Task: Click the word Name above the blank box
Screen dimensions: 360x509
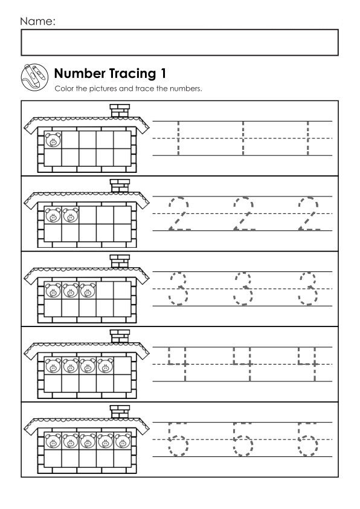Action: click(36, 21)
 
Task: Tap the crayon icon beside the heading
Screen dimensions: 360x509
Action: click(34, 77)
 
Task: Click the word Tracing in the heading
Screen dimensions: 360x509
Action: click(132, 74)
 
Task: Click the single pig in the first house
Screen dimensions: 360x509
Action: click(53, 140)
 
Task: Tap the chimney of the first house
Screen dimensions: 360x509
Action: click(120, 111)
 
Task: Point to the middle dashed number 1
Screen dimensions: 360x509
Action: click(243, 138)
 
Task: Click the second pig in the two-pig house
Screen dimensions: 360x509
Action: click(71, 215)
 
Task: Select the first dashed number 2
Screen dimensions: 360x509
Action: click(179, 213)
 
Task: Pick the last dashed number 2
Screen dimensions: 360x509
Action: click(309, 213)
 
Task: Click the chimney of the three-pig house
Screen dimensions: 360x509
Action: click(120, 261)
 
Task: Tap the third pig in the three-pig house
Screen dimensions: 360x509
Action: click(88, 290)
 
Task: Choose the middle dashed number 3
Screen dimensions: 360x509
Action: click(243, 288)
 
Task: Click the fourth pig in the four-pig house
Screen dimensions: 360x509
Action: click(105, 366)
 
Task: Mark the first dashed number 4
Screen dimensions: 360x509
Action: click(178, 364)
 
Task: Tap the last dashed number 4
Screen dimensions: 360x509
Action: click(307, 364)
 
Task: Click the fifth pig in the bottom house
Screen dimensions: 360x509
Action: click(123, 441)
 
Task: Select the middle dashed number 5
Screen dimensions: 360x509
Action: click(243, 439)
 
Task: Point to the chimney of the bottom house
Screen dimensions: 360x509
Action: click(120, 412)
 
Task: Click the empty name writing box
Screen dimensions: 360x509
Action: click(179, 42)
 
